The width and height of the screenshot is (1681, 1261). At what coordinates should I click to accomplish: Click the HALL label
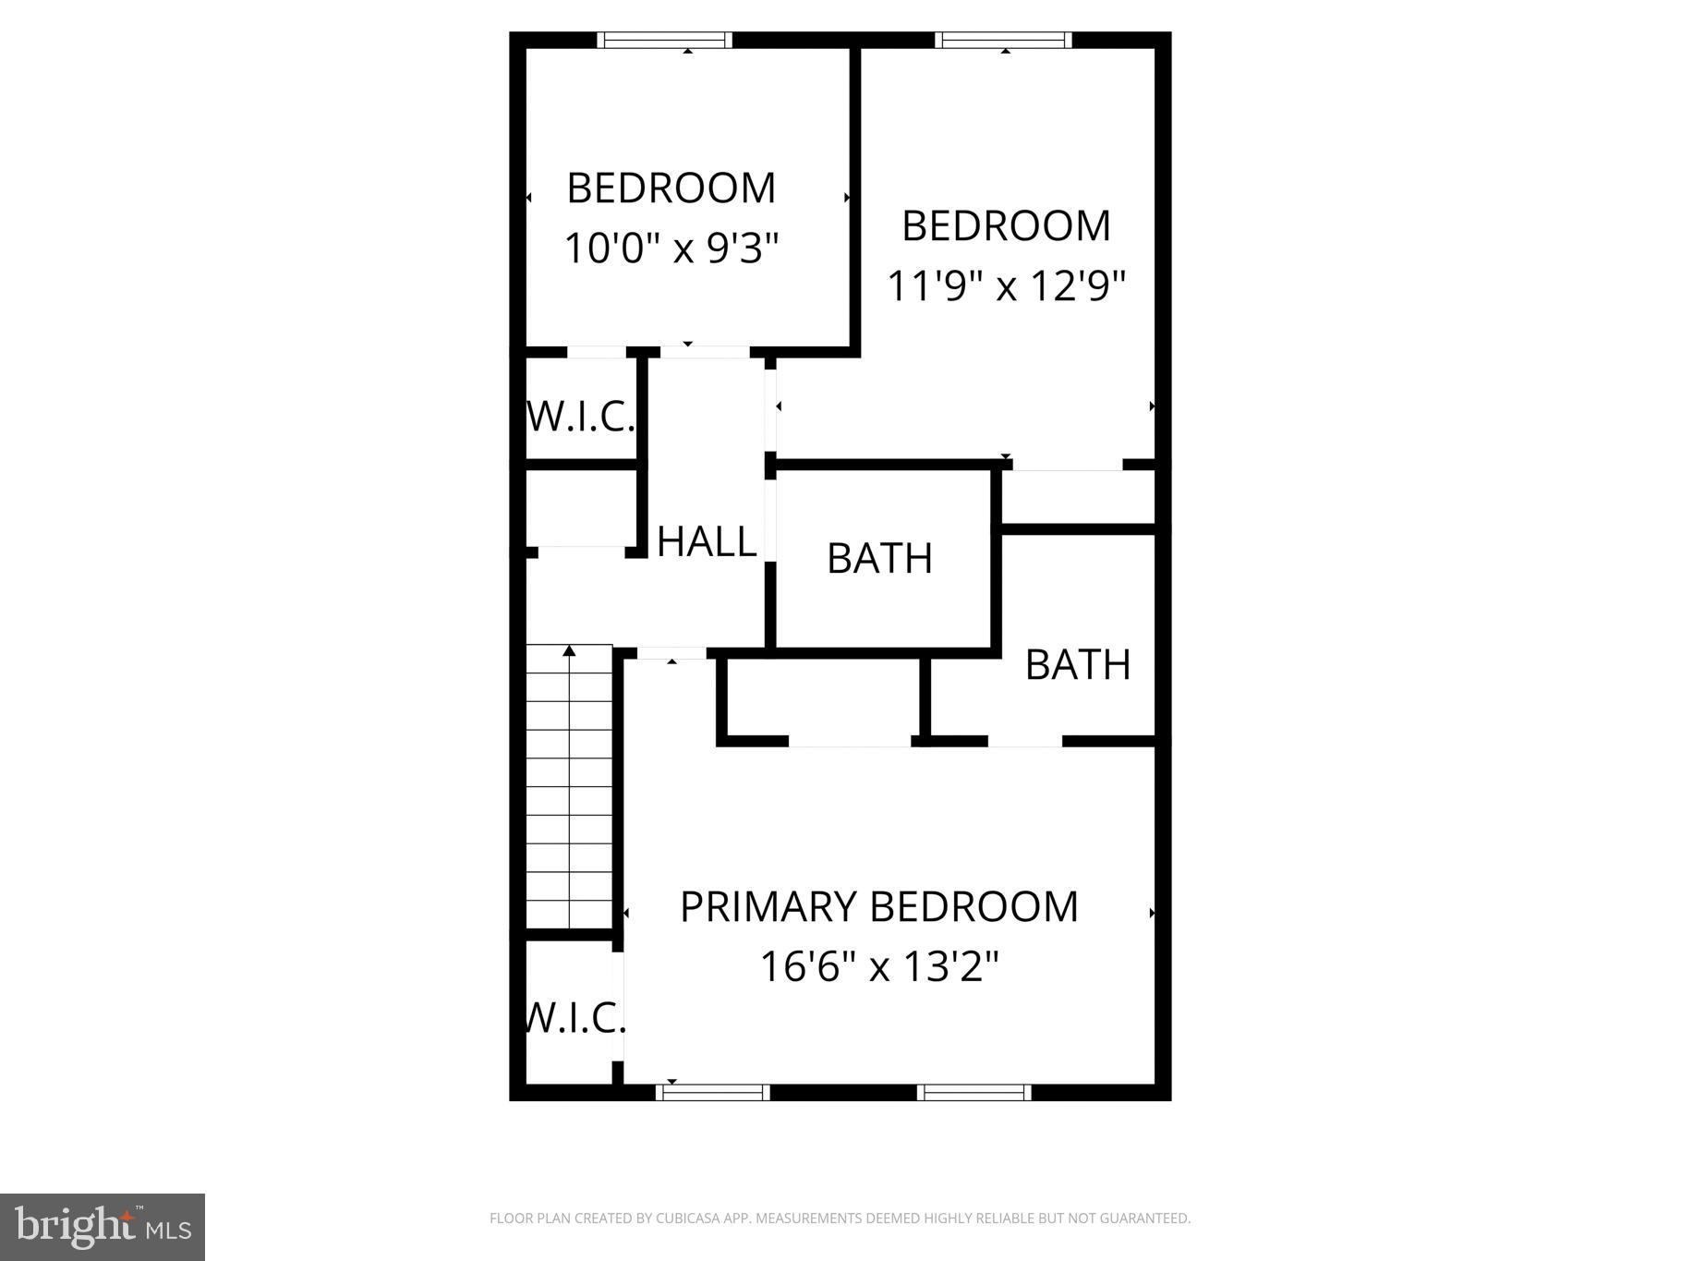[707, 541]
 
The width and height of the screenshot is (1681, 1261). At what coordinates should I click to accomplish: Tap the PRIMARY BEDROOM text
[878, 907]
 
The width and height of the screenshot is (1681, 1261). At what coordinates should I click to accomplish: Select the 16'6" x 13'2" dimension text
[879, 967]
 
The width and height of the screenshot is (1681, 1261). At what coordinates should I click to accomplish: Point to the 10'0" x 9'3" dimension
[671, 248]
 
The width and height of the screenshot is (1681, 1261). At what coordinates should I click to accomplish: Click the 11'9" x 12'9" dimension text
[1006, 286]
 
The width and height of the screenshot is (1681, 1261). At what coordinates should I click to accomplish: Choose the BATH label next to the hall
[879, 559]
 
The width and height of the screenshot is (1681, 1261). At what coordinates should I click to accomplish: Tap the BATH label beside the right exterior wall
[1078, 665]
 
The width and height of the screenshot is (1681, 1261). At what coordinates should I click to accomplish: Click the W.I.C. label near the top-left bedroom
[581, 417]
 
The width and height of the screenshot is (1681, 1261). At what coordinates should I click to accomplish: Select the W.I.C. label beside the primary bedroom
[574, 1018]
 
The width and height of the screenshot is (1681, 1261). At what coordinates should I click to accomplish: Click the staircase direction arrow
[569, 651]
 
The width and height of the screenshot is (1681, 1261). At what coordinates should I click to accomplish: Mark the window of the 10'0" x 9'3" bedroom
[664, 40]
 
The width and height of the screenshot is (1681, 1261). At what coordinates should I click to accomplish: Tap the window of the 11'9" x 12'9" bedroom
[1003, 40]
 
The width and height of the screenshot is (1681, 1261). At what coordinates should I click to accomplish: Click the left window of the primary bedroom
[712, 1092]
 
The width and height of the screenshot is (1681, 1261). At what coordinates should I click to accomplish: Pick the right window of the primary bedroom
[974, 1092]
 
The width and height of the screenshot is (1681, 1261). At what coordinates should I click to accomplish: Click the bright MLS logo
[103, 1227]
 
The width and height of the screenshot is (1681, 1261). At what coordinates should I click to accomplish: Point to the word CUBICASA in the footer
[689, 1219]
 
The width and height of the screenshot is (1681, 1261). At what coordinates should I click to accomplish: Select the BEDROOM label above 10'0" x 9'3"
[671, 188]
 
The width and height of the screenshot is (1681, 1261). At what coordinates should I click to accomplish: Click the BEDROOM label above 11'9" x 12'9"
[1006, 226]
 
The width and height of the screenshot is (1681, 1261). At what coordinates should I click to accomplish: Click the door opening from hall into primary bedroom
[672, 653]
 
